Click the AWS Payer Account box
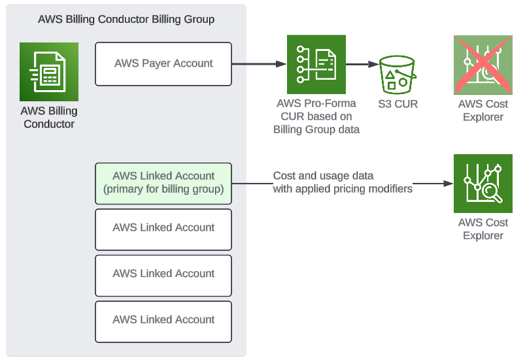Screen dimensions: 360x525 pyautogui.click(x=163, y=64)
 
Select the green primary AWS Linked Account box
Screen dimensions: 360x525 pyautogui.click(x=163, y=183)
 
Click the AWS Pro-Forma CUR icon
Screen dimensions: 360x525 pyautogui.click(x=316, y=65)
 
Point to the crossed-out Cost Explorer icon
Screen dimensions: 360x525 pyautogui.click(x=483, y=65)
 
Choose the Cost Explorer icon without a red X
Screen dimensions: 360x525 pyautogui.click(x=483, y=184)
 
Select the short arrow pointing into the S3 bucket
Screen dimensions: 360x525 pyautogui.click(x=362, y=64)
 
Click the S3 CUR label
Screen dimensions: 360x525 pyautogui.click(x=398, y=104)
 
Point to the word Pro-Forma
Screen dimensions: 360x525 pyautogui.click(x=334, y=104)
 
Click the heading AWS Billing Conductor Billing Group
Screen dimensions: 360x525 pyautogui.click(x=126, y=19)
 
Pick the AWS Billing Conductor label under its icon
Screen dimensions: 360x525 pyautogui.click(x=49, y=117)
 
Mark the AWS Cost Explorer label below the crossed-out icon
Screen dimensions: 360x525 pyautogui.click(x=483, y=110)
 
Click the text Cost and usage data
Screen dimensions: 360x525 pyautogui.click(x=323, y=176)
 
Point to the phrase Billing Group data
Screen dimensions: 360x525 pyautogui.click(x=316, y=129)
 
